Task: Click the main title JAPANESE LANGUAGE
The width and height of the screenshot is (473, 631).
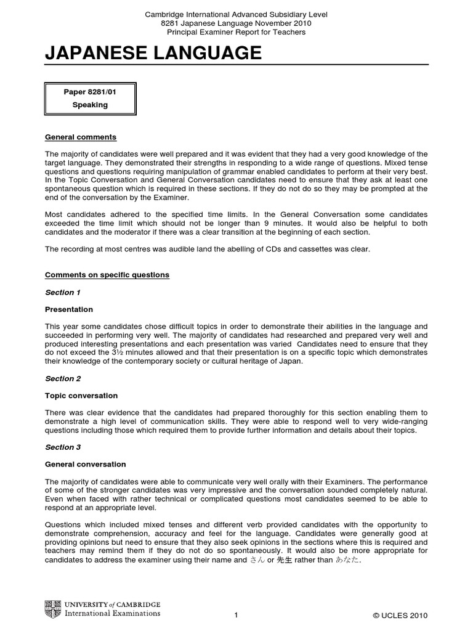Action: [x=153, y=54]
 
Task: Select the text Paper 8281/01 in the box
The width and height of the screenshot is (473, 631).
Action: [x=90, y=92]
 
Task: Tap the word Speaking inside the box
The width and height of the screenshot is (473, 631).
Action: [x=90, y=105]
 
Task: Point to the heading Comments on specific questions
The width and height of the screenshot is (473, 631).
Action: [x=107, y=275]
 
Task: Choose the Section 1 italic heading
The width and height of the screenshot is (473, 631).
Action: [x=63, y=292]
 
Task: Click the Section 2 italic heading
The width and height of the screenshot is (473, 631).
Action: [x=63, y=378]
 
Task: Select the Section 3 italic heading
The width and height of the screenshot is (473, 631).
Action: [x=63, y=447]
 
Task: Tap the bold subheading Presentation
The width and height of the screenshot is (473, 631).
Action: [x=69, y=309]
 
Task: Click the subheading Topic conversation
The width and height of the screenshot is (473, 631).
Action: [x=81, y=396]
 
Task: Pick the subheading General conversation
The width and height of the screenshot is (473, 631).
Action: [x=86, y=464]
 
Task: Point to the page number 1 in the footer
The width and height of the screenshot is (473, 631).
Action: [x=236, y=615]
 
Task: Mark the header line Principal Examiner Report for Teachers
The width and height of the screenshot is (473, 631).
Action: [x=236, y=32]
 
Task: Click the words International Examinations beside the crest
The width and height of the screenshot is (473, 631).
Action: [x=112, y=613]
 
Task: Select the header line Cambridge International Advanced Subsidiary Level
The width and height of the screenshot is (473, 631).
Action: [x=236, y=14]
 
